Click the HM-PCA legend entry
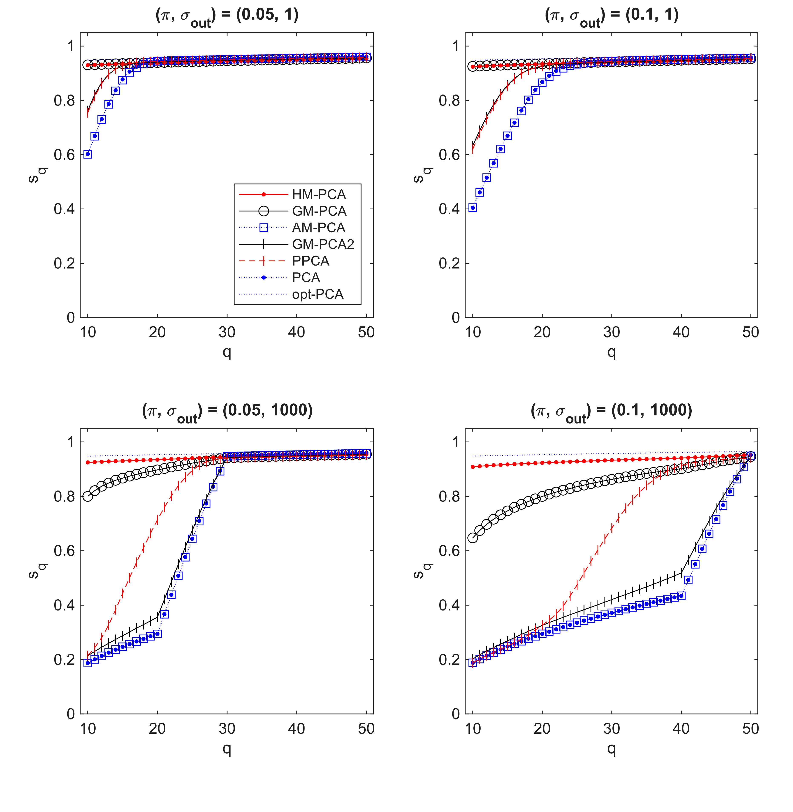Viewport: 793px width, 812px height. [x=319, y=194]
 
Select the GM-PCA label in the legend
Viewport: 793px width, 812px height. [x=319, y=211]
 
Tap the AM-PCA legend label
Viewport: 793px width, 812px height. [x=319, y=228]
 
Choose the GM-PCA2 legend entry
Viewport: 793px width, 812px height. [x=323, y=244]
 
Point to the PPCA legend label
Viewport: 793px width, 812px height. [x=310, y=261]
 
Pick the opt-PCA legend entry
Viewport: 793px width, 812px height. [x=317, y=294]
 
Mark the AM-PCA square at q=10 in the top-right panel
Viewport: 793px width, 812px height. [x=472, y=208]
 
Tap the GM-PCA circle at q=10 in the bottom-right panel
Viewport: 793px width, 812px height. [x=472, y=538]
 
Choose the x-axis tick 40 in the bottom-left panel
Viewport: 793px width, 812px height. [x=297, y=728]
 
